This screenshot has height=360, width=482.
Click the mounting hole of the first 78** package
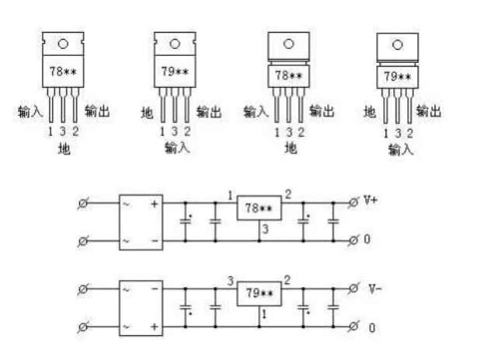pos(63,44)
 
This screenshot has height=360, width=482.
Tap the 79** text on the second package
pos(175,72)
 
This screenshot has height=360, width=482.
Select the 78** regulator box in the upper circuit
pos(259,208)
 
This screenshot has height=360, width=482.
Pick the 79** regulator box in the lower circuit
pos(259,293)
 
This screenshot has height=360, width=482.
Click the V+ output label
pos(371,200)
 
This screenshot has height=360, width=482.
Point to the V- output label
pos(375,288)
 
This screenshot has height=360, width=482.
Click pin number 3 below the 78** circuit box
pos(266,229)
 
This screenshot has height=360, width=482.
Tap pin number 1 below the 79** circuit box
pos(264,314)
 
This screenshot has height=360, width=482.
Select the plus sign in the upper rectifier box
pos(155,204)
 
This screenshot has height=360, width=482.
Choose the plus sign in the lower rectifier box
pos(155,327)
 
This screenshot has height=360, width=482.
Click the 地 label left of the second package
pos(147,113)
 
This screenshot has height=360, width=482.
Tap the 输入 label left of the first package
pos(30,112)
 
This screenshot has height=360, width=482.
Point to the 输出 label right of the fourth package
pos(429,111)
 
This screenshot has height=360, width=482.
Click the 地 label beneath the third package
pos(291,148)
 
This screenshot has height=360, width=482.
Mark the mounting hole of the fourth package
pos(397,45)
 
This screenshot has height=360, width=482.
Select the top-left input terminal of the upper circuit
pos(83,203)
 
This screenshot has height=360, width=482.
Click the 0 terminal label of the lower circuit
pos(372,328)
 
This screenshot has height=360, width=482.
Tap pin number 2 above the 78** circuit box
pos(288,194)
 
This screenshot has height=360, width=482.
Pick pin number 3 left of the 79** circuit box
pos(231,281)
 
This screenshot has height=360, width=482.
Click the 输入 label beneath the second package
pos(177,148)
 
